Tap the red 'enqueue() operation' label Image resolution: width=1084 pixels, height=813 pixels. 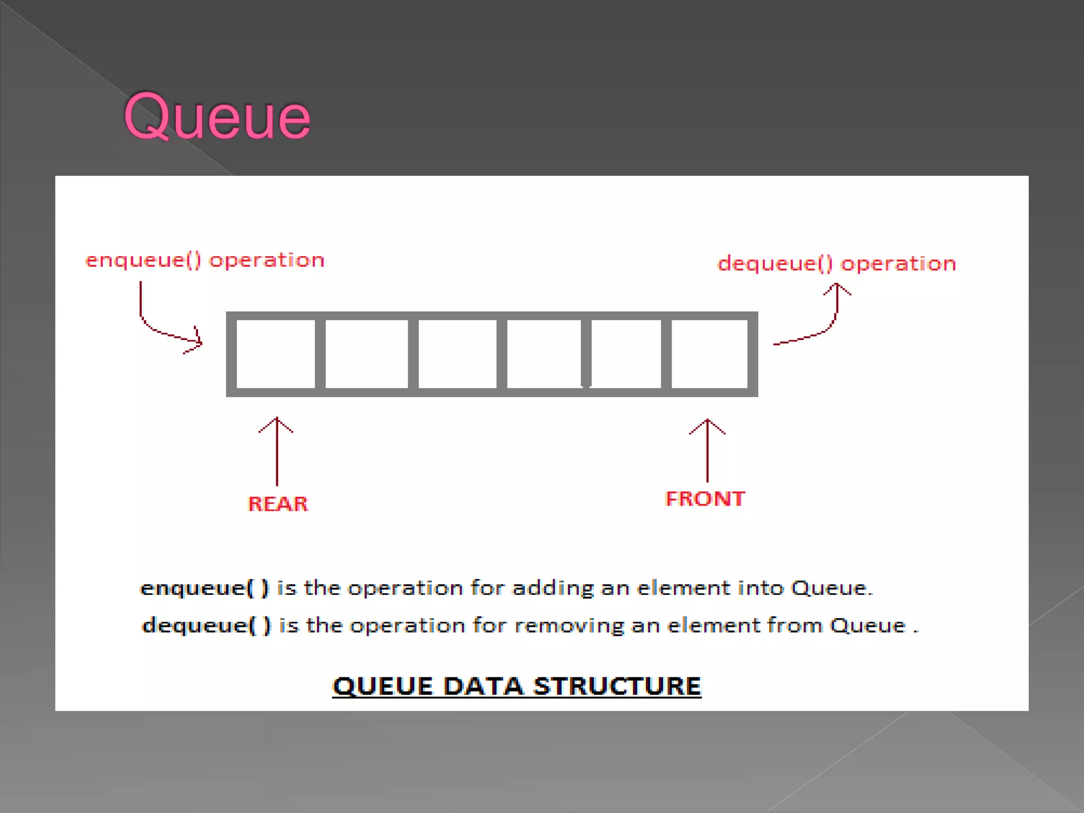(x=205, y=260)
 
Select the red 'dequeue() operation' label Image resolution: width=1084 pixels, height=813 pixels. (x=836, y=264)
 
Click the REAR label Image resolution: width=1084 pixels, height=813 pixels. (x=278, y=504)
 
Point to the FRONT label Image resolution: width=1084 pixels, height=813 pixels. (x=705, y=499)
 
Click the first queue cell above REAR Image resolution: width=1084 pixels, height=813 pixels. (x=275, y=354)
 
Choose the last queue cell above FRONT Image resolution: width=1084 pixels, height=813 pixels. (x=709, y=354)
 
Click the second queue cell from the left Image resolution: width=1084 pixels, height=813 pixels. (x=366, y=354)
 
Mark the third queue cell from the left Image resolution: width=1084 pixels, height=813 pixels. (x=457, y=354)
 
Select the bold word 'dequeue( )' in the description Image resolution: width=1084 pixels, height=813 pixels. (x=206, y=626)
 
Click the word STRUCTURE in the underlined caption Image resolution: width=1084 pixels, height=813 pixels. (x=617, y=686)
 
